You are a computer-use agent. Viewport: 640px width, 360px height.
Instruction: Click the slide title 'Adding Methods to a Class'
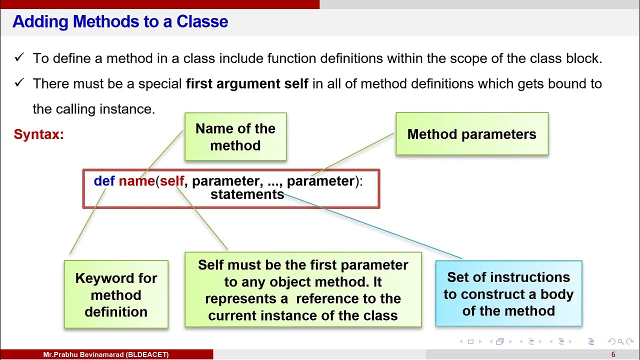tap(120, 21)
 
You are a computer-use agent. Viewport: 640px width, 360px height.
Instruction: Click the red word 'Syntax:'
tap(38, 134)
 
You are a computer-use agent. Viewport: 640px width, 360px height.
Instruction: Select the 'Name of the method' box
tap(235, 136)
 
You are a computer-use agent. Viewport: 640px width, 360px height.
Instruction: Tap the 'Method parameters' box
tap(471, 134)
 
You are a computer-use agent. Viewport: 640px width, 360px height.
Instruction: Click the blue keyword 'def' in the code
tap(104, 181)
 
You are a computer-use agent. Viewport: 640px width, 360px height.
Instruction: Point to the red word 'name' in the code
tap(136, 181)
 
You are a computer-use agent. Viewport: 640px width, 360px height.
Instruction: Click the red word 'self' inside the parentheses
tap(172, 181)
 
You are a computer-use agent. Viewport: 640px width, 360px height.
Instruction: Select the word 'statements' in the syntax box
tap(247, 194)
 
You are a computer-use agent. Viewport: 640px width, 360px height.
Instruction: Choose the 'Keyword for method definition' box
tap(116, 294)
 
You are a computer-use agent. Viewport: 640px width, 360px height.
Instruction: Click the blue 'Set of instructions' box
tap(508, 293)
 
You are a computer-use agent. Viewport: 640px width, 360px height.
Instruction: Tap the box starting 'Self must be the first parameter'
tap(303, 290)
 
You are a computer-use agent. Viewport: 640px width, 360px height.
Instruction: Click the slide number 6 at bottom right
tap(613, 354)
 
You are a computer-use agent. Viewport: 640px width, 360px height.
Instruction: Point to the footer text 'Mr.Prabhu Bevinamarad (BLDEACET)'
tap(106, 354)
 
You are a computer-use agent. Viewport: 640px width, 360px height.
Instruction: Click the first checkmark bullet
tap(19, 58)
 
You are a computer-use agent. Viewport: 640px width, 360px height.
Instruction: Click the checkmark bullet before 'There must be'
tap(19, 83)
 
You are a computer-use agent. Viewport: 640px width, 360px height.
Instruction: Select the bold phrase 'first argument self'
tap(246, 83)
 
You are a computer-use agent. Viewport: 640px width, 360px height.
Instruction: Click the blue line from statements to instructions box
tap(372, 226)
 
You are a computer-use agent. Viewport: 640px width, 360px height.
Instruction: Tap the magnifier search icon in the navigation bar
tap(620, 341)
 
